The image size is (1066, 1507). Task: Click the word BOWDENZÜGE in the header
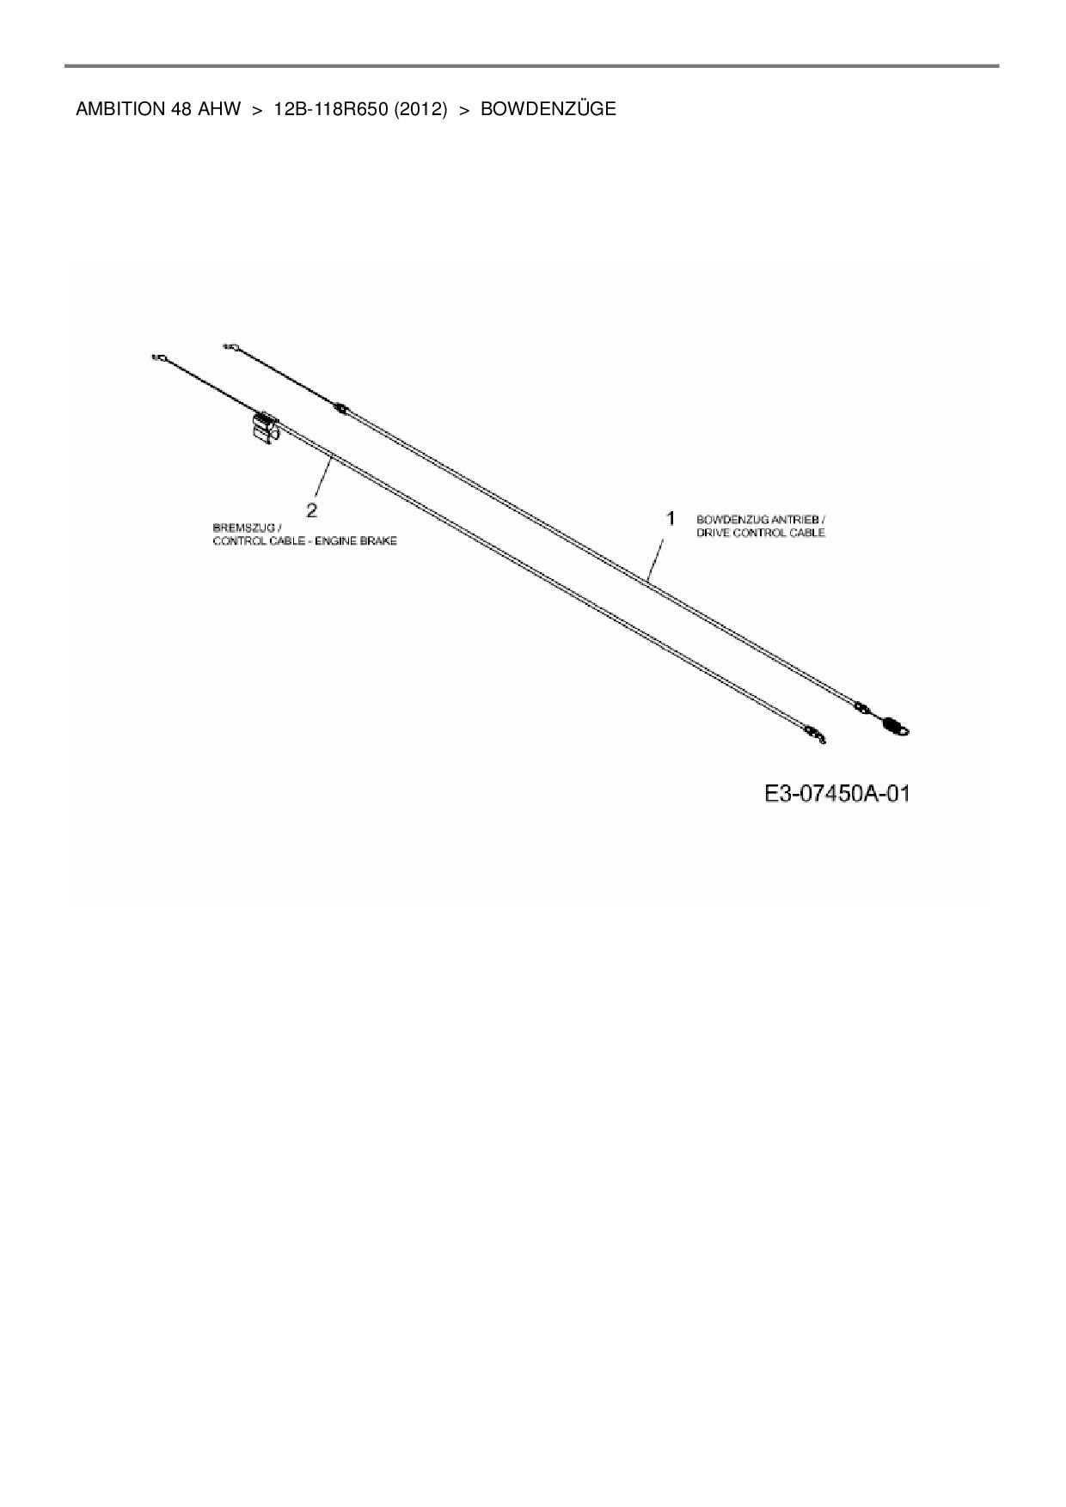pyautogui.click(x=548, y=109)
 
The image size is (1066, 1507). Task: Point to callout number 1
pyautogui.click(x=670, y=518)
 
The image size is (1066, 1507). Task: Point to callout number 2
pyautogui.click(x=311, y=510)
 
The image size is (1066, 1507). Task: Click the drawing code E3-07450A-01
pyautogui.click(x=836, y=793)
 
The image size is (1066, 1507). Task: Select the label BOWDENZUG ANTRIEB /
pyautogui.click(x=761, y=520)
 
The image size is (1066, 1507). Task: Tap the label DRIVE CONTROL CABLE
pyautogui.click(x=761, y=533)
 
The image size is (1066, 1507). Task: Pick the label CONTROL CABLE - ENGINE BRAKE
pyautogui.click(x=305, y=541)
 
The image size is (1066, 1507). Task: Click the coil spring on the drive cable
pyautogui.click(x=894, y=727)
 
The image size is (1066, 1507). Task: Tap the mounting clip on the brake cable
pyautogui.click(x=265, y=426)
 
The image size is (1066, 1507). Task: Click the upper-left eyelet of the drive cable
pyautogui.click(x=230, y=346)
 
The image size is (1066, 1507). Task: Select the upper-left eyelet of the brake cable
pyautogui.click(x=157, y=357)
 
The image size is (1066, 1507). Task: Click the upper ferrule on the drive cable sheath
pyautogui.click(x=341, y=409)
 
